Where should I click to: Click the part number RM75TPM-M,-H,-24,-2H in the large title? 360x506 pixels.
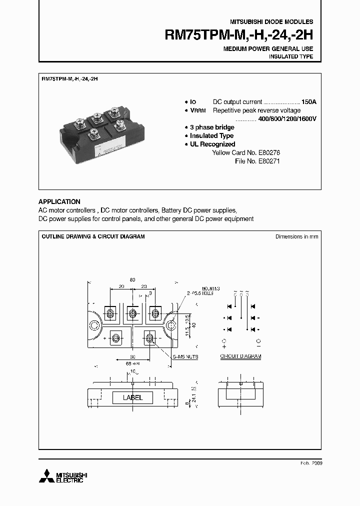tap(238, 35)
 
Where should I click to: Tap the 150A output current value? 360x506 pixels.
tap(308, 101)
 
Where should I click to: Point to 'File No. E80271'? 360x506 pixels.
tap(257, 161)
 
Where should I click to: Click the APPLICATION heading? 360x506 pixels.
tap(59, 201)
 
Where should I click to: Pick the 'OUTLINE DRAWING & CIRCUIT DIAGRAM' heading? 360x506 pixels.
tap(93, 236)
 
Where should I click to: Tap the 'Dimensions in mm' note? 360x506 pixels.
tap(296, 236)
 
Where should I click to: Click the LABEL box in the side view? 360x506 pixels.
tap(132, 397)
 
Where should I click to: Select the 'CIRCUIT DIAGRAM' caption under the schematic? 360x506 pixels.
tap(241, 356)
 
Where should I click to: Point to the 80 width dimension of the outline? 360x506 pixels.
tap(132, 280)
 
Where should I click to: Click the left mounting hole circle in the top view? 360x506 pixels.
tap(94, 325)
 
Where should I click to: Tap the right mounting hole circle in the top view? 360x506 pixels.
tap(172, 325)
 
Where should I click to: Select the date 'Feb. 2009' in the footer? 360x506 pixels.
tap(312, 463)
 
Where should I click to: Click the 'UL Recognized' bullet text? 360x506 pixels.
tap(212, 144)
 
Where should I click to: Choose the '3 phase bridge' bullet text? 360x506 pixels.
tap(211, 127)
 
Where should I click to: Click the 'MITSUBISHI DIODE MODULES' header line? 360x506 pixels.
tap(271, 22)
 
